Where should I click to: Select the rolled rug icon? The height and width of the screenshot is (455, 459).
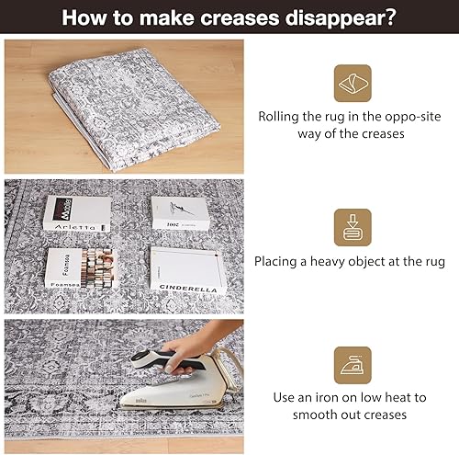(x=353, y=83)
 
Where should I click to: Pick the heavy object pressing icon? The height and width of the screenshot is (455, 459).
(x=353, y=226)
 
